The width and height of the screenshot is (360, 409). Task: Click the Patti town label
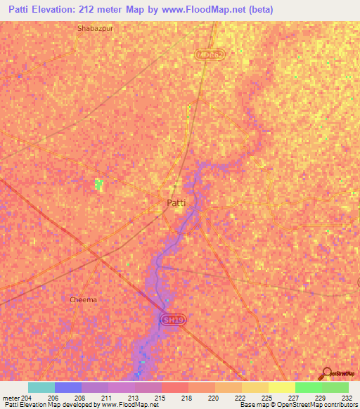176,203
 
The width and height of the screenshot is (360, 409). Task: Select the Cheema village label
83,299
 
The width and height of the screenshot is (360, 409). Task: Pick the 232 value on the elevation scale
348,397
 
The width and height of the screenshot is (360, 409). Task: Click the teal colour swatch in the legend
41,387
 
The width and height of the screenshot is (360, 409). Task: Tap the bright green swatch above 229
308,387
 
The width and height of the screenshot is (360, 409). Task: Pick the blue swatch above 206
68,387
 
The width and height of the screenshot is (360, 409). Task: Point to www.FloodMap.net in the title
200,10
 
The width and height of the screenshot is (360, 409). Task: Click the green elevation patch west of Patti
99,184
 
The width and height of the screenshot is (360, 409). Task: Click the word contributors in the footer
337,405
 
